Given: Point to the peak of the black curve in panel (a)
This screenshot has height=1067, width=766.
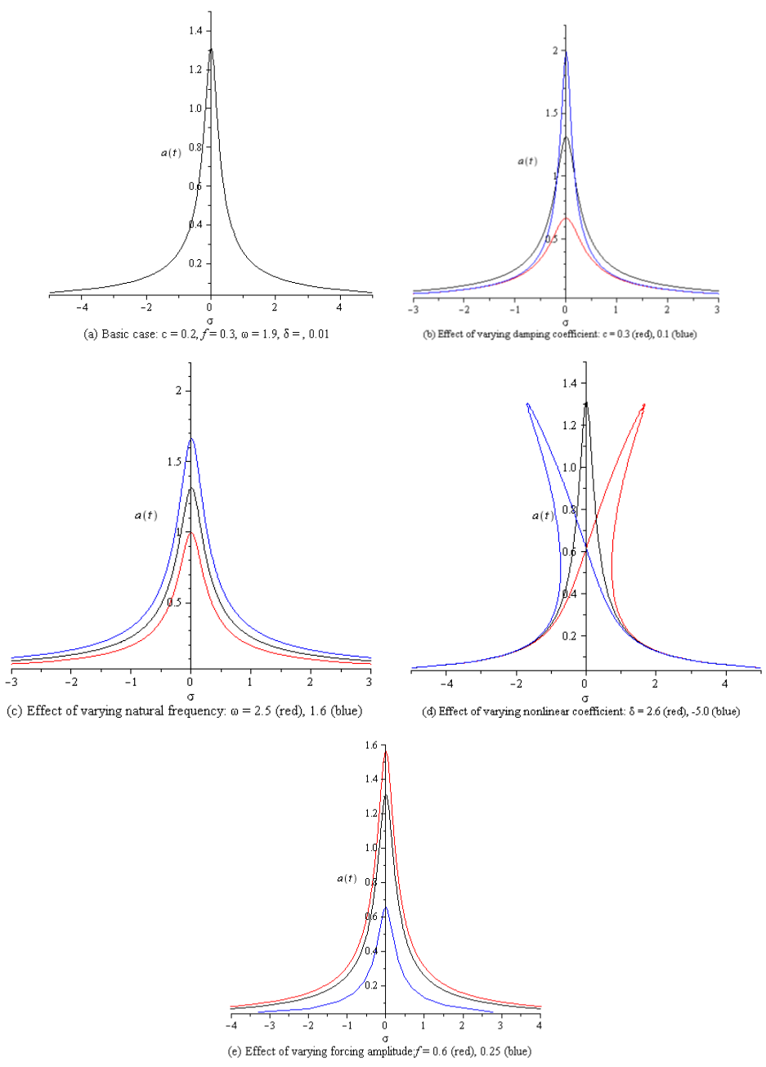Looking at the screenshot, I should (x=211, y=49).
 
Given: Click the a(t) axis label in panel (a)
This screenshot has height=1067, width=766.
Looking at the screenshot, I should (x=171, y=152).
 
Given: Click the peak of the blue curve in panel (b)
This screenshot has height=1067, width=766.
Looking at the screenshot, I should (x=566, y=52).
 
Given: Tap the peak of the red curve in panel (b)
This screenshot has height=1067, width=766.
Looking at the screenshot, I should (x=566, y=217).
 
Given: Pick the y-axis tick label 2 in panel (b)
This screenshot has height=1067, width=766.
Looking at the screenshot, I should (x=554, y=51).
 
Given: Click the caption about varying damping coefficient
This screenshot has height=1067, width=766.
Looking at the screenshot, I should (x=559, y=334).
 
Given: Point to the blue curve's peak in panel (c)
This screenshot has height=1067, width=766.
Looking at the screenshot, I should (x=191, y=439).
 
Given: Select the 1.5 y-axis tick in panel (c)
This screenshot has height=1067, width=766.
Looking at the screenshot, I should (x=174, y=462).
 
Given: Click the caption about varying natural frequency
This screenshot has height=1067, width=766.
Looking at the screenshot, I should (x=184, y=711).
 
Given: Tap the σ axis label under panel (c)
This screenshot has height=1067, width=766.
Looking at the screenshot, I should (x=190, y=697).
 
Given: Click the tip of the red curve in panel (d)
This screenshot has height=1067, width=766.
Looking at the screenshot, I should (x=644, y=405).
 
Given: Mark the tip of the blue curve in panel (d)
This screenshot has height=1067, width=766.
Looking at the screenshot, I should (x=528, y=404).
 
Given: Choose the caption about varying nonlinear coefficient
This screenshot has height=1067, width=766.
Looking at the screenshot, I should (x=580, y=711).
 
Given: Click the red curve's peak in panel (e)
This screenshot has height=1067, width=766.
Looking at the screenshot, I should (x=386, y=751).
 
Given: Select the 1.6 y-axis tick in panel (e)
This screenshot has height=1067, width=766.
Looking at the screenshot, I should (x=371, y=746).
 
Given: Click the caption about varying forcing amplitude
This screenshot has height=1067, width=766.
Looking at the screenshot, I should (x=384, y=1051).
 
